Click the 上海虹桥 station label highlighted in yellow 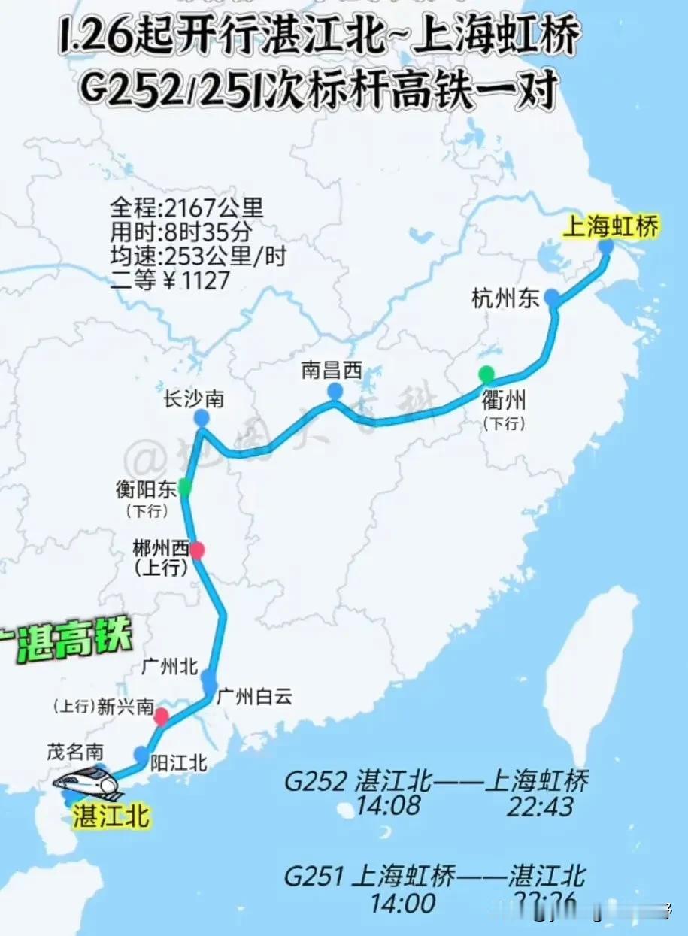[610, 227]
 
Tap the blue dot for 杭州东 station [552, 298]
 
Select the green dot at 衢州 [486, 373]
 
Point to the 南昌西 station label [332, 370]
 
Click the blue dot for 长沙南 [201, 418]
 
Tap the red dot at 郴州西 [197, 550]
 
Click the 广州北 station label [168, 666]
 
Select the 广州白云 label [254, 697]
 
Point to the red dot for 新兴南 [161, 716]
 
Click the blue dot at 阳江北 [141, 754]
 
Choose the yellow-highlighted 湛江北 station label [111, 816]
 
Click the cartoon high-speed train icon [87, 783]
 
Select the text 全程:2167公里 [187, 206]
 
